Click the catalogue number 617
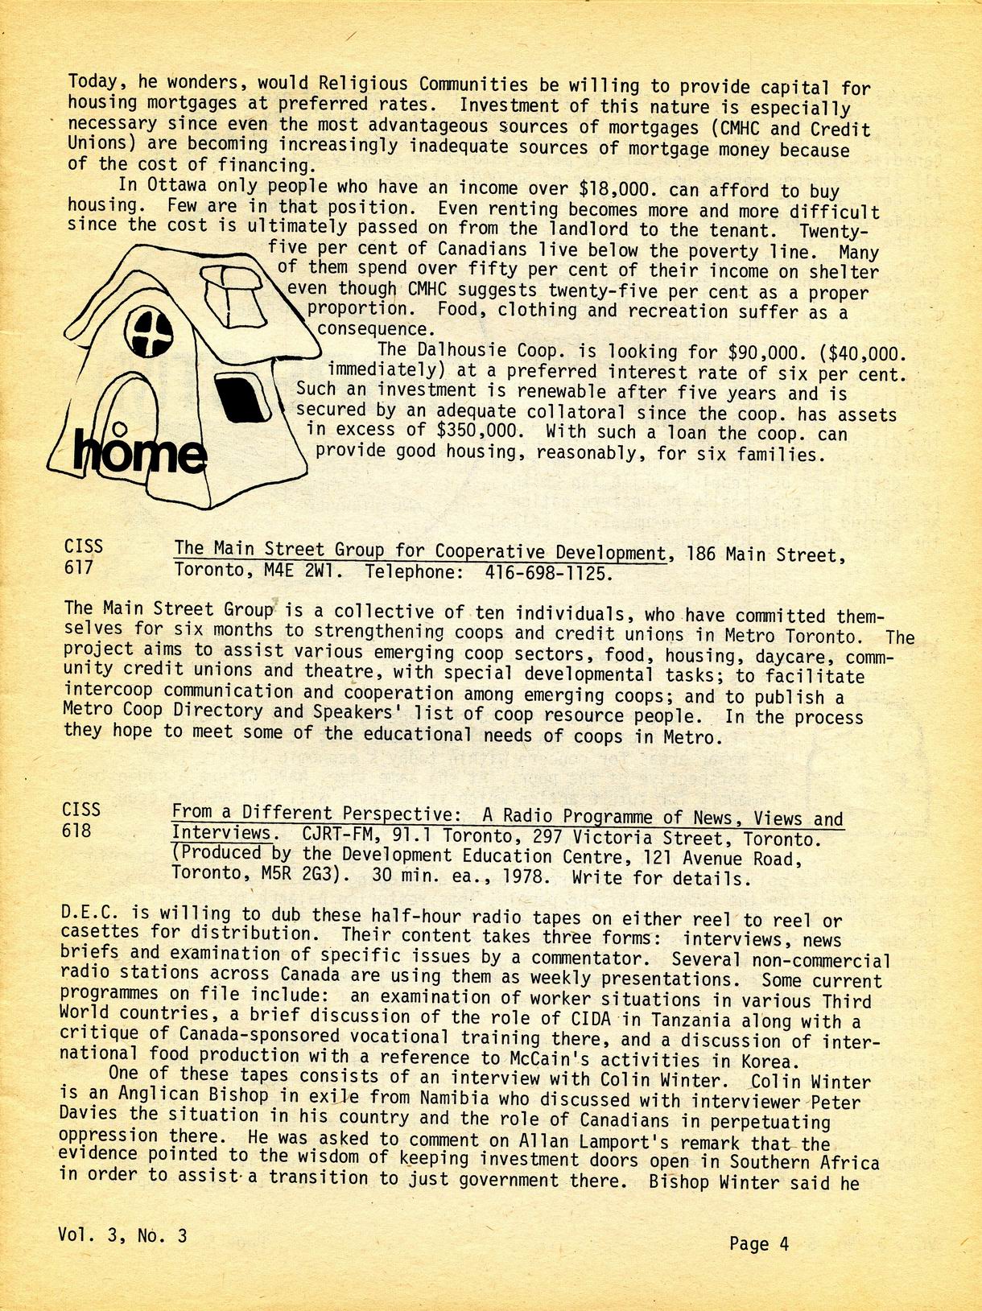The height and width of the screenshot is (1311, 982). [x=79, y=567]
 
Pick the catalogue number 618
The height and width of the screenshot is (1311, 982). [x=77, y=831]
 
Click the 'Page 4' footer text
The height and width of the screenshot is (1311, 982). [x=758, y=1244]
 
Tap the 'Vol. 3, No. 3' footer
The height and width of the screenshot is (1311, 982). [x=122, y=1235]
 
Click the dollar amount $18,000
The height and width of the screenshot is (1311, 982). [x=620, y=189]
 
